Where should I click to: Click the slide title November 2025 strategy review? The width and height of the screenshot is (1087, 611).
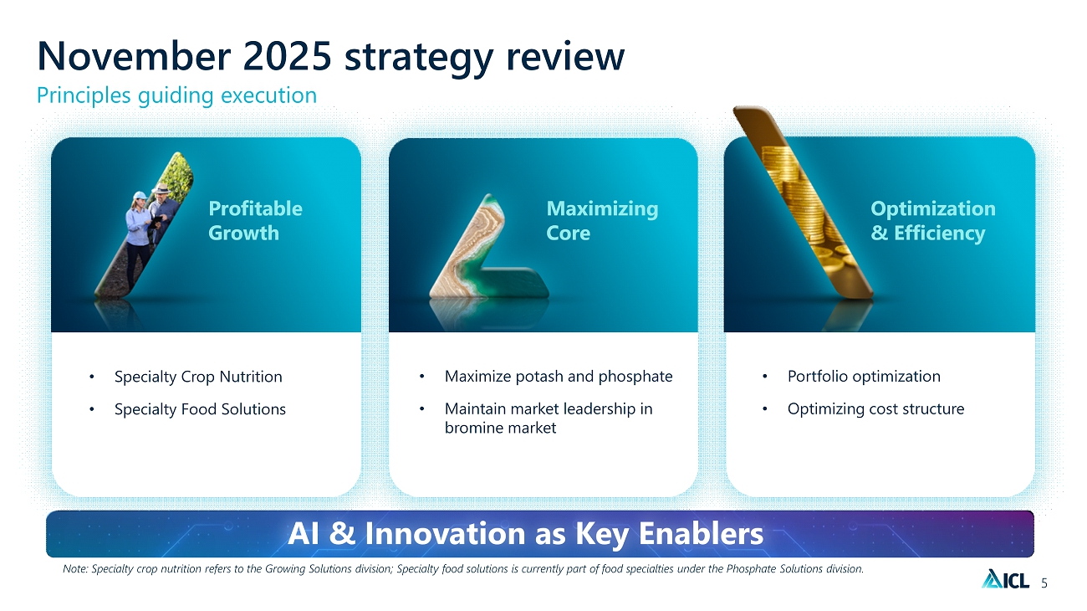(x=330, y=57)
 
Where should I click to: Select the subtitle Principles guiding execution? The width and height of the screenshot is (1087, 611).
(x=176, y=95)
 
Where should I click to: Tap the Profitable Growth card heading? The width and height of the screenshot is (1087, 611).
(x=255, y=220)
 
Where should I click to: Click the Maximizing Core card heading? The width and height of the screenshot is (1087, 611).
(x=602, y=220)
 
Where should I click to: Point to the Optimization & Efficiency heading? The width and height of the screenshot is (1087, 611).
(x=932, y=220)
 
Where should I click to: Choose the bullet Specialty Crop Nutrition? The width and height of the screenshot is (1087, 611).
(x=198, y=377)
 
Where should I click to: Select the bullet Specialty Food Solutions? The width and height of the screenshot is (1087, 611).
(x=200, y=409)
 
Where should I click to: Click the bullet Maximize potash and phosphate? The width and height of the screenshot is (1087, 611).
(x=559, y=377)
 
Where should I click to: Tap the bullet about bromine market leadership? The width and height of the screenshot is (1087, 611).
(x=549, y=418)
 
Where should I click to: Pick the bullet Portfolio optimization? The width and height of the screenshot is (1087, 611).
(x=864, y=377)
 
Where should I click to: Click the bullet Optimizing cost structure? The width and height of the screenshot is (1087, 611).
(x=876, y=409)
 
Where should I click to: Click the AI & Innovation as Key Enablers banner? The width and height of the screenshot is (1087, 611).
(x=539, y=534)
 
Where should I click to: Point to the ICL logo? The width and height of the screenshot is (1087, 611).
(x=1005, y=579)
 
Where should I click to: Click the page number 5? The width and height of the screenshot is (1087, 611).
(x=1044, y=583)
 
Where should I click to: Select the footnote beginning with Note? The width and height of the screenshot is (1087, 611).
(x=463, y=569)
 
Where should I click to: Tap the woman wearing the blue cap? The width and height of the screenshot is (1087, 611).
(x=139, y=238)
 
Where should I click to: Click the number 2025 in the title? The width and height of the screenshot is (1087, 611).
(x=287, y=57)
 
